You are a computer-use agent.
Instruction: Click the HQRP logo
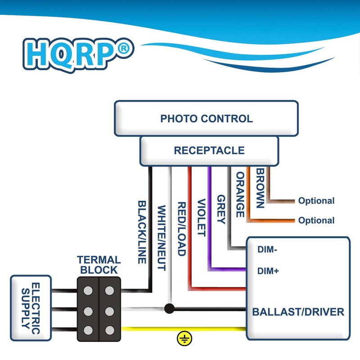78,55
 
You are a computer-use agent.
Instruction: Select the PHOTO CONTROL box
206,118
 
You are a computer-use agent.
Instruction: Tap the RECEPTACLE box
209,151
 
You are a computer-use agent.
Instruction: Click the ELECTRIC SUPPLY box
31,308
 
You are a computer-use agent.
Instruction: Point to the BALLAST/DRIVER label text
298,312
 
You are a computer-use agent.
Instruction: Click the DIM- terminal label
267,249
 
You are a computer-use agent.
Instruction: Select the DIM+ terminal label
268,271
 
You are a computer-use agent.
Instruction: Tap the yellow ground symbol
184,338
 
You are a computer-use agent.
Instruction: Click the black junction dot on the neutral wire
169,308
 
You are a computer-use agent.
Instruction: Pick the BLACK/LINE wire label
142,232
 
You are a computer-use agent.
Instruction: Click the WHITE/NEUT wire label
162,238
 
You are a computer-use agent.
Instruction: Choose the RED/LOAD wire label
182,229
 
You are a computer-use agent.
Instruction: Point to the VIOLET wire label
202,217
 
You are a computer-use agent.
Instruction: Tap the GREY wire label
221,209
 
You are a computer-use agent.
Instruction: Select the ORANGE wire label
240,194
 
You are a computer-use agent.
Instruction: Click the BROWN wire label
261,188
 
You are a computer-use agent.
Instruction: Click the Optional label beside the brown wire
316,201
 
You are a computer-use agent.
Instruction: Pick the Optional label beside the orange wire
316,220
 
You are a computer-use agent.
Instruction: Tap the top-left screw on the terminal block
88,290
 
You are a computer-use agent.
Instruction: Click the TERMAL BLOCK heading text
99,265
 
